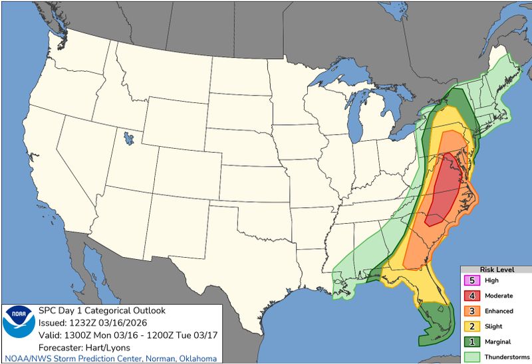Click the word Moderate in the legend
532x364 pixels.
[x=499, y=296]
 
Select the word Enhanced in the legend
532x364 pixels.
[x=499, y=310]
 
